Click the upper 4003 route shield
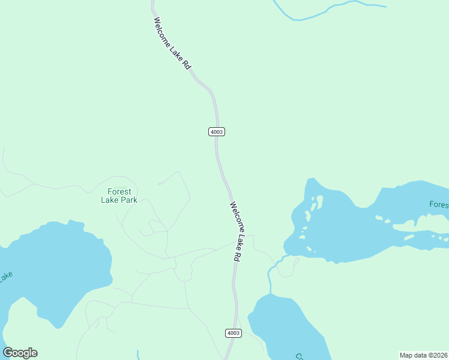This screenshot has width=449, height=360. coord(217,132)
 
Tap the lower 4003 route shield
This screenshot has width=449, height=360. coord(234,333)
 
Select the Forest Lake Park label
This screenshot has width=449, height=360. coord(119,196)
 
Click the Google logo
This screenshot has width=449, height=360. coord(20,353)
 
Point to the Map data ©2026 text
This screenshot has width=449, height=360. coord(423,355)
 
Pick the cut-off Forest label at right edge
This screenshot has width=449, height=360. coord(439,205)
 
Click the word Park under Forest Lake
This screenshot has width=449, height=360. coord(128,200)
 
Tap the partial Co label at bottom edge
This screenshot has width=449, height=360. coord(299,356)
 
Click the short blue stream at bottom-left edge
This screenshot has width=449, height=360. coord(137,355)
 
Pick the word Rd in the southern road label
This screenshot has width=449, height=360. coord(237,254)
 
